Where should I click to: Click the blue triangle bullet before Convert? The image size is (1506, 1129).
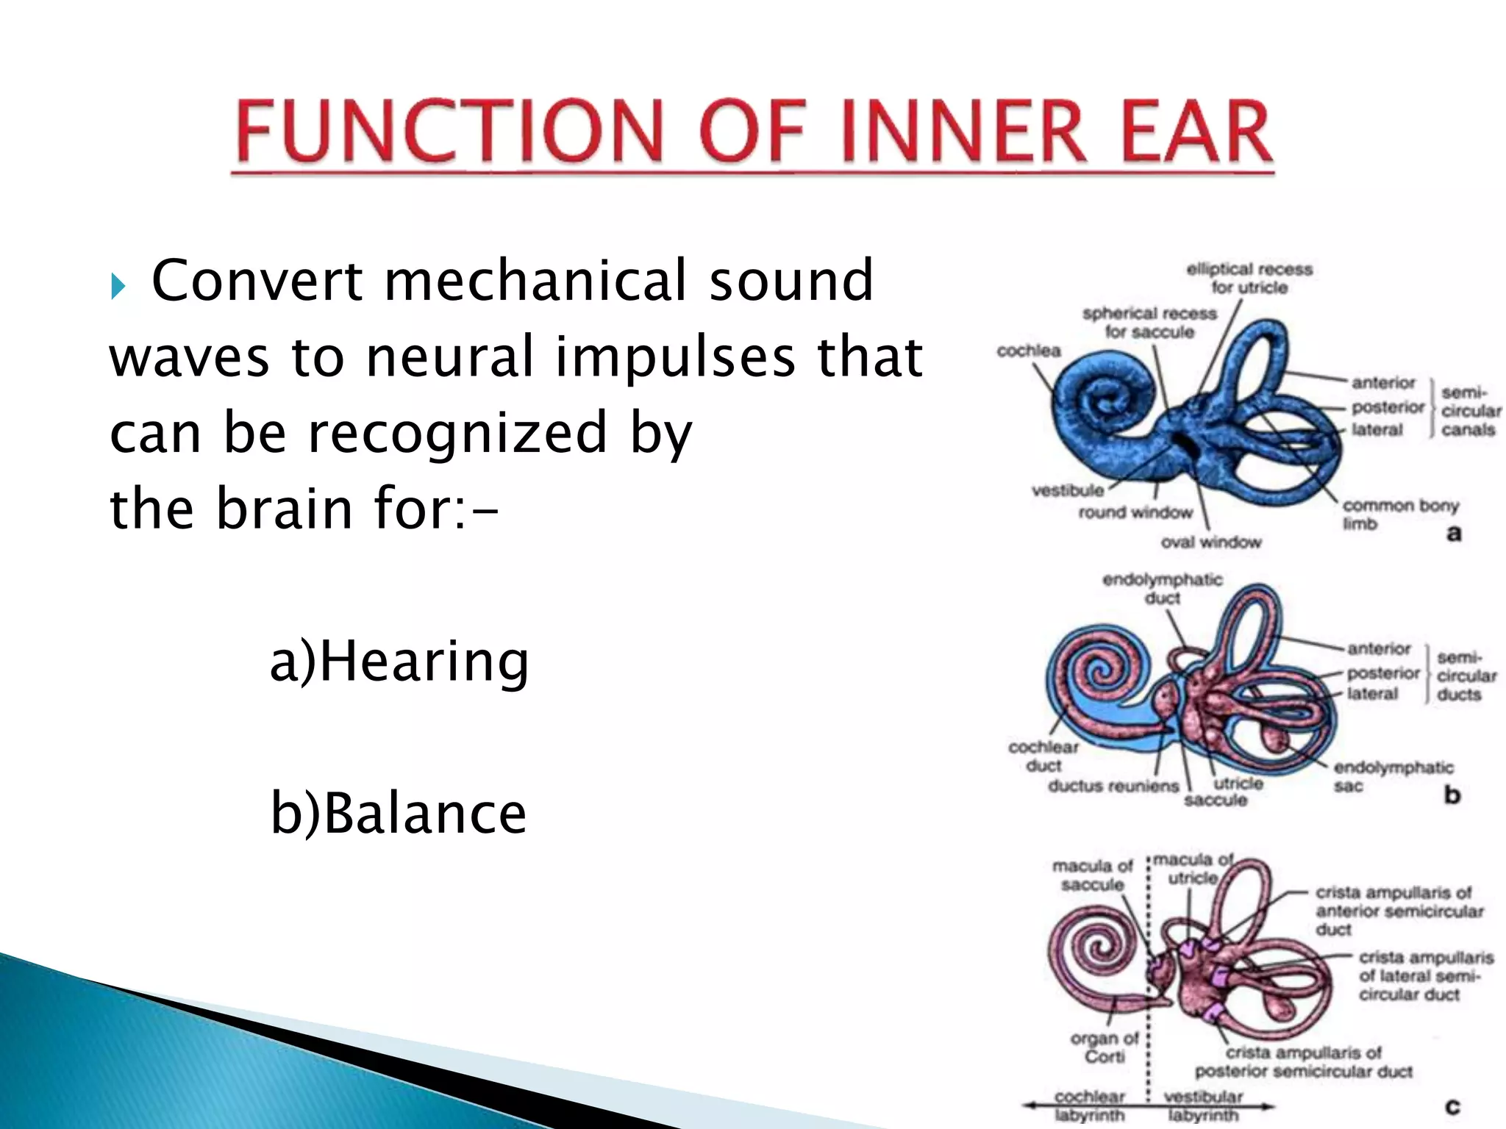118,284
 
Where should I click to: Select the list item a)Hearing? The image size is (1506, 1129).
399,661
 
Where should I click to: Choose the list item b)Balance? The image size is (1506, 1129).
399,813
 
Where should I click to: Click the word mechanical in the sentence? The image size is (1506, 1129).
535,280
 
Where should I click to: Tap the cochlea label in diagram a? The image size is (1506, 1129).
1028,351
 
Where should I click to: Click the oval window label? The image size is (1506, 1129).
1210,542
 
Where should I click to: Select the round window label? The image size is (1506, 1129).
1135,512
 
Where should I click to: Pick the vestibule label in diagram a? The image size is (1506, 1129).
1067,490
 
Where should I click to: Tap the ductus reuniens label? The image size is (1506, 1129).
1113,786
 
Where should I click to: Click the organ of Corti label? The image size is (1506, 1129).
1104,1047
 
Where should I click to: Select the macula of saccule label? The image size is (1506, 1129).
1092,875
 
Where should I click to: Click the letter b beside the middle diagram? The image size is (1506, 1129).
1452,795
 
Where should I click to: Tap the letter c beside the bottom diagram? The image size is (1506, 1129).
1452,1106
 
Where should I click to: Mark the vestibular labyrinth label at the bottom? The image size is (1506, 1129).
1203,1105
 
